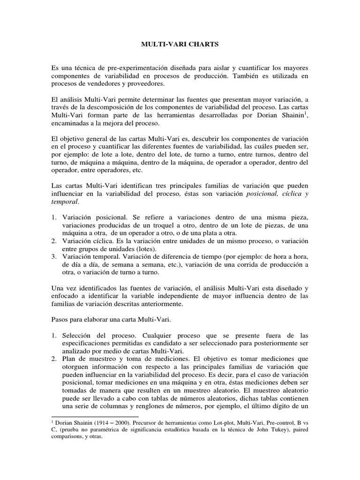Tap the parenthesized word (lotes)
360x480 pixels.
[x=144, y=249]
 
